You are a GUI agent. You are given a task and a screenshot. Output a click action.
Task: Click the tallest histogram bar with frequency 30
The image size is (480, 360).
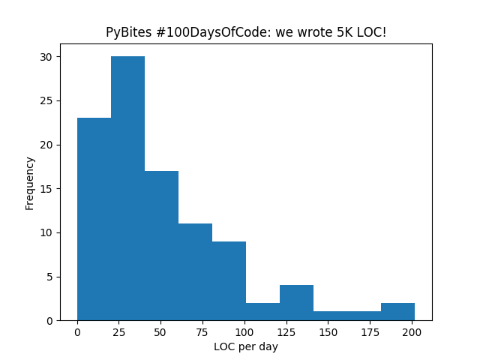tap(127, 188)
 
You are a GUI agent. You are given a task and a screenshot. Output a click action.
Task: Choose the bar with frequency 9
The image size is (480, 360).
tap(229, 280)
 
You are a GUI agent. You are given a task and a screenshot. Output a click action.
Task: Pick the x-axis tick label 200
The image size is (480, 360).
tap(412, 331)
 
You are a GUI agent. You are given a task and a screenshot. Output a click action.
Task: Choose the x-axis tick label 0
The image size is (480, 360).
tap(77, 331)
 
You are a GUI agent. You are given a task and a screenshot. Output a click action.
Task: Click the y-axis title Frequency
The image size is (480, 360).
tap(30, 183)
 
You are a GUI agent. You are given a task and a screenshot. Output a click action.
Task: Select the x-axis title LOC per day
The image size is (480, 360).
tap(246, 346)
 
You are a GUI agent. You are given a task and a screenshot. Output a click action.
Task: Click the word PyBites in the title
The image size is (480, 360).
tap(124, 33)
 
